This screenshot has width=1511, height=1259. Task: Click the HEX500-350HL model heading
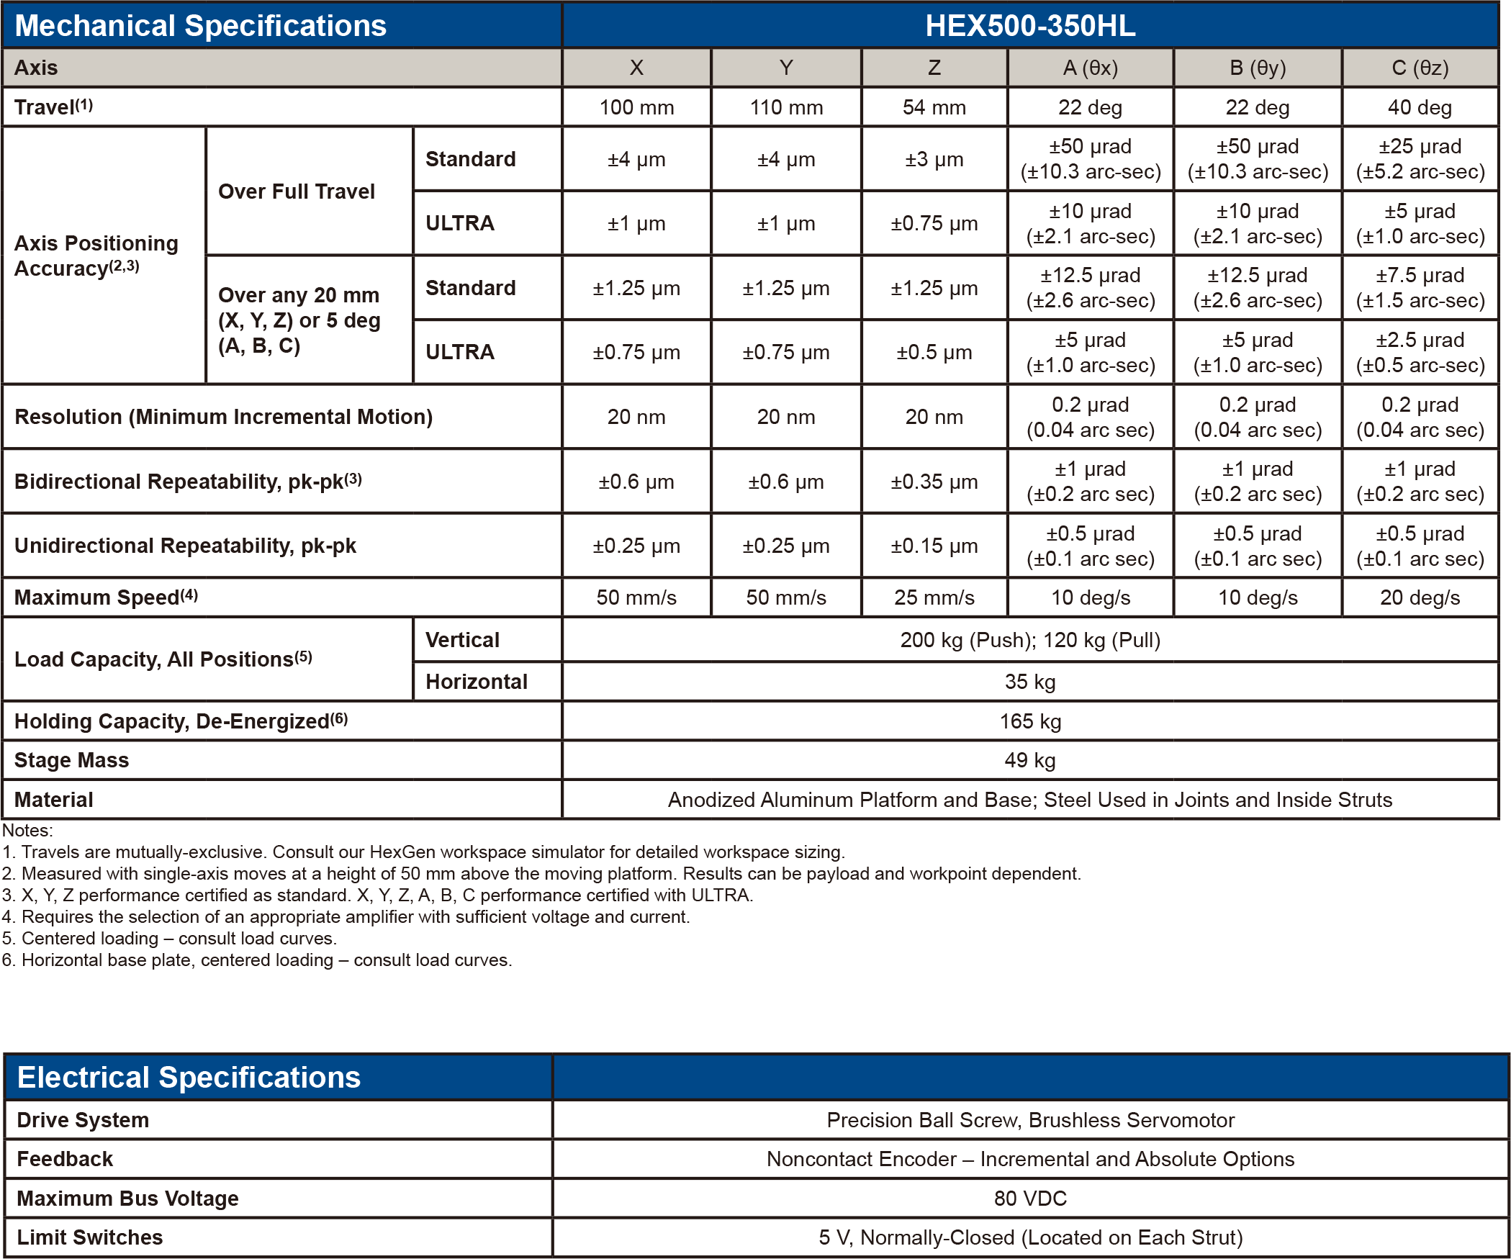pyautogui.click(x=1029, y=26)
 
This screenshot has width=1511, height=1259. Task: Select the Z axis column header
pyautogui.click(x=934, y=68)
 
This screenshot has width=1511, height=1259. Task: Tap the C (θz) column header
pyautogui.click(x=1420, y=68)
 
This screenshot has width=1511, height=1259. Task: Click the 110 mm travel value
pyautogui.click(x=786, y=107)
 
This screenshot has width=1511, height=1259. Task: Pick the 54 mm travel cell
pyautogui.click(x=934, y=107)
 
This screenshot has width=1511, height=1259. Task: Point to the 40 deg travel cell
pyautogui.click(x=1420, y=107)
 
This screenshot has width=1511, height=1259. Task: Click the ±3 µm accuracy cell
pyautogui.click(x=934, y=159)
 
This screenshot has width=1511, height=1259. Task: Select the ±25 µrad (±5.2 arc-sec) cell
pyautogui.click(x=1420, y=159)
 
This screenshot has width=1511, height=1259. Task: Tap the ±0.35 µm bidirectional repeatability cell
pyautogui.click(x=934, y=482)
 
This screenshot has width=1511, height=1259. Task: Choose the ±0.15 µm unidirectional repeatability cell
pyautogui.click(x=934, y=546)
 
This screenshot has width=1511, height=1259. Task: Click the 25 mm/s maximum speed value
pyautogui.click(x=934, y=597)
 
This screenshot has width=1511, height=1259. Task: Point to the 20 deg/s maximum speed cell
pyautogui.click(x=1420, y=597)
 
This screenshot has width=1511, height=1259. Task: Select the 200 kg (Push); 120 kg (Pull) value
pyautogui.click(x=1029, y=640)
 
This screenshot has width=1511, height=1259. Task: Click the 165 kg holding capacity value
pyautogui.click(x=1029, y=721)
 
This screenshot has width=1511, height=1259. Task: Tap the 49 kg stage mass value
pyautogui.click(x=1029, y=760)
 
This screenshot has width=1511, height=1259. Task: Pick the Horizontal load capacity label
pyautogui.click(x=477, y=682)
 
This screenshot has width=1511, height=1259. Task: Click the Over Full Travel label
pyautogui.click(x=297, y=191)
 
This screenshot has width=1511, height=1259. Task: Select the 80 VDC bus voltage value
pyautogui.click(x=1029, y=1199)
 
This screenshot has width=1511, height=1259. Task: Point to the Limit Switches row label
pyautogui.click(x=90, y=1237)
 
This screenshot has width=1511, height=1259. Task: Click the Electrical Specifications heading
pyautogui.click(x=189, y=1078)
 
